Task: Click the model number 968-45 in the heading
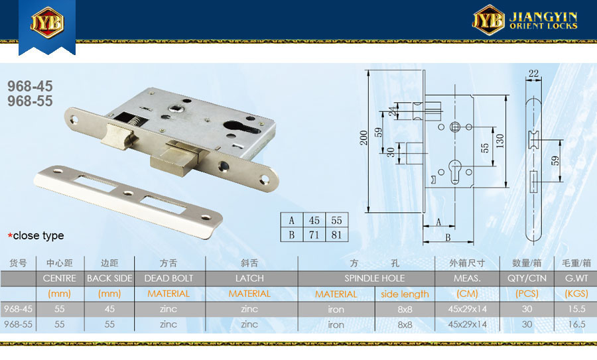click(30, 86)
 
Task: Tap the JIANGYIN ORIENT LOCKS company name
click(543, 21)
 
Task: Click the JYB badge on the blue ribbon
click(47, 22)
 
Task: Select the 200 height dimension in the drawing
click(364, 138)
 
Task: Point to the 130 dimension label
click(500, 141)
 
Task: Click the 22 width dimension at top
click(533, 73)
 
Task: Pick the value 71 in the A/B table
click(314, 235)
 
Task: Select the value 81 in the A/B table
click(336, 235)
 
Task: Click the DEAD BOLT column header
click(168, 278)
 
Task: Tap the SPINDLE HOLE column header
click(375, 278)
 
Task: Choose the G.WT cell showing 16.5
click(576, 324)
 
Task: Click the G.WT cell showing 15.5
click(576, 309)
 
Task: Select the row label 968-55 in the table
click(19, 324)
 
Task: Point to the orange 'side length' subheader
click(405, 294)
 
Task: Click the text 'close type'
click(38, 235)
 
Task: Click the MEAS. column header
click(467, 278)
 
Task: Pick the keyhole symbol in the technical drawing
click(455, 171)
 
